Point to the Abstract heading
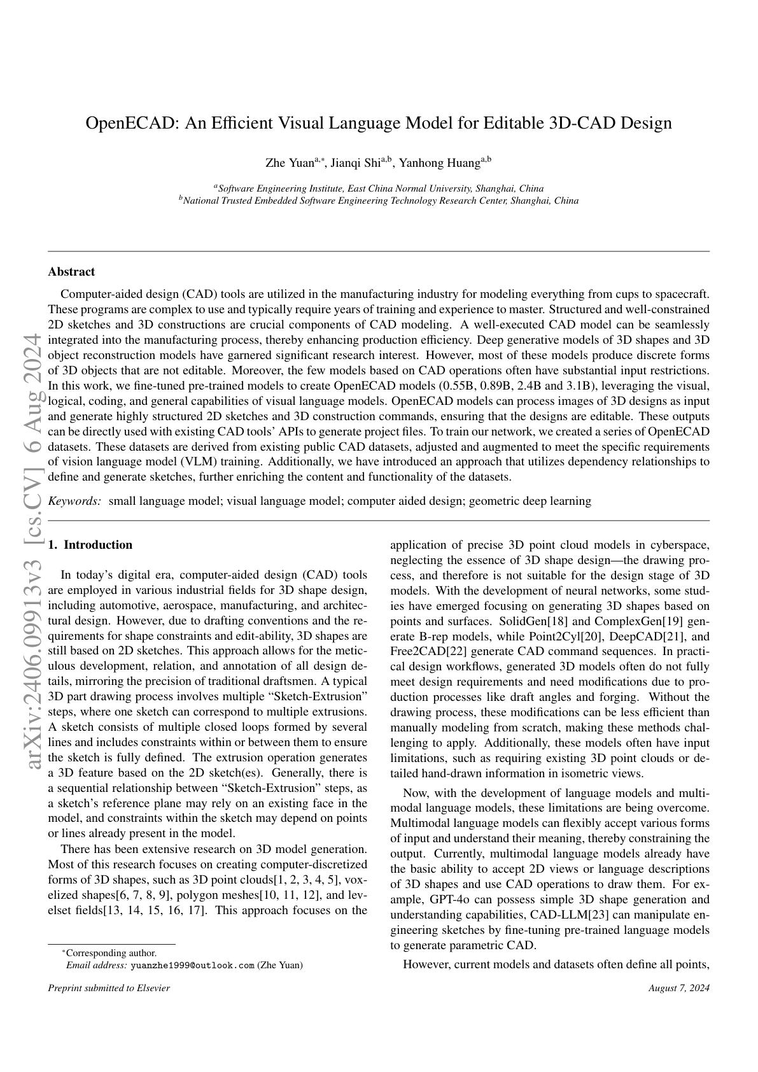[71, 272]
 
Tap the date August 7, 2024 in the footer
[678, 988]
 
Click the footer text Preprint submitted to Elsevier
[109, 988]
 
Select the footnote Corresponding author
[111, 953]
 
